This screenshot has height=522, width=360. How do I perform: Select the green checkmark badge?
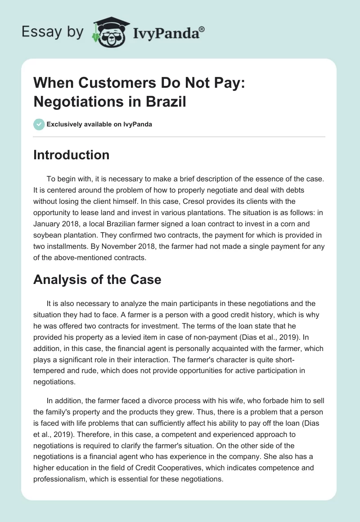(x=39, y=124)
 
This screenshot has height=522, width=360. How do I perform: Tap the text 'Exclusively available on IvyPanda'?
(x=99, y=125)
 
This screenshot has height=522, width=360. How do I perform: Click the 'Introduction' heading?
(x=71, y=155)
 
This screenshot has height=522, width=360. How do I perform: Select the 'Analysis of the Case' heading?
(x=97, y=279)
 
